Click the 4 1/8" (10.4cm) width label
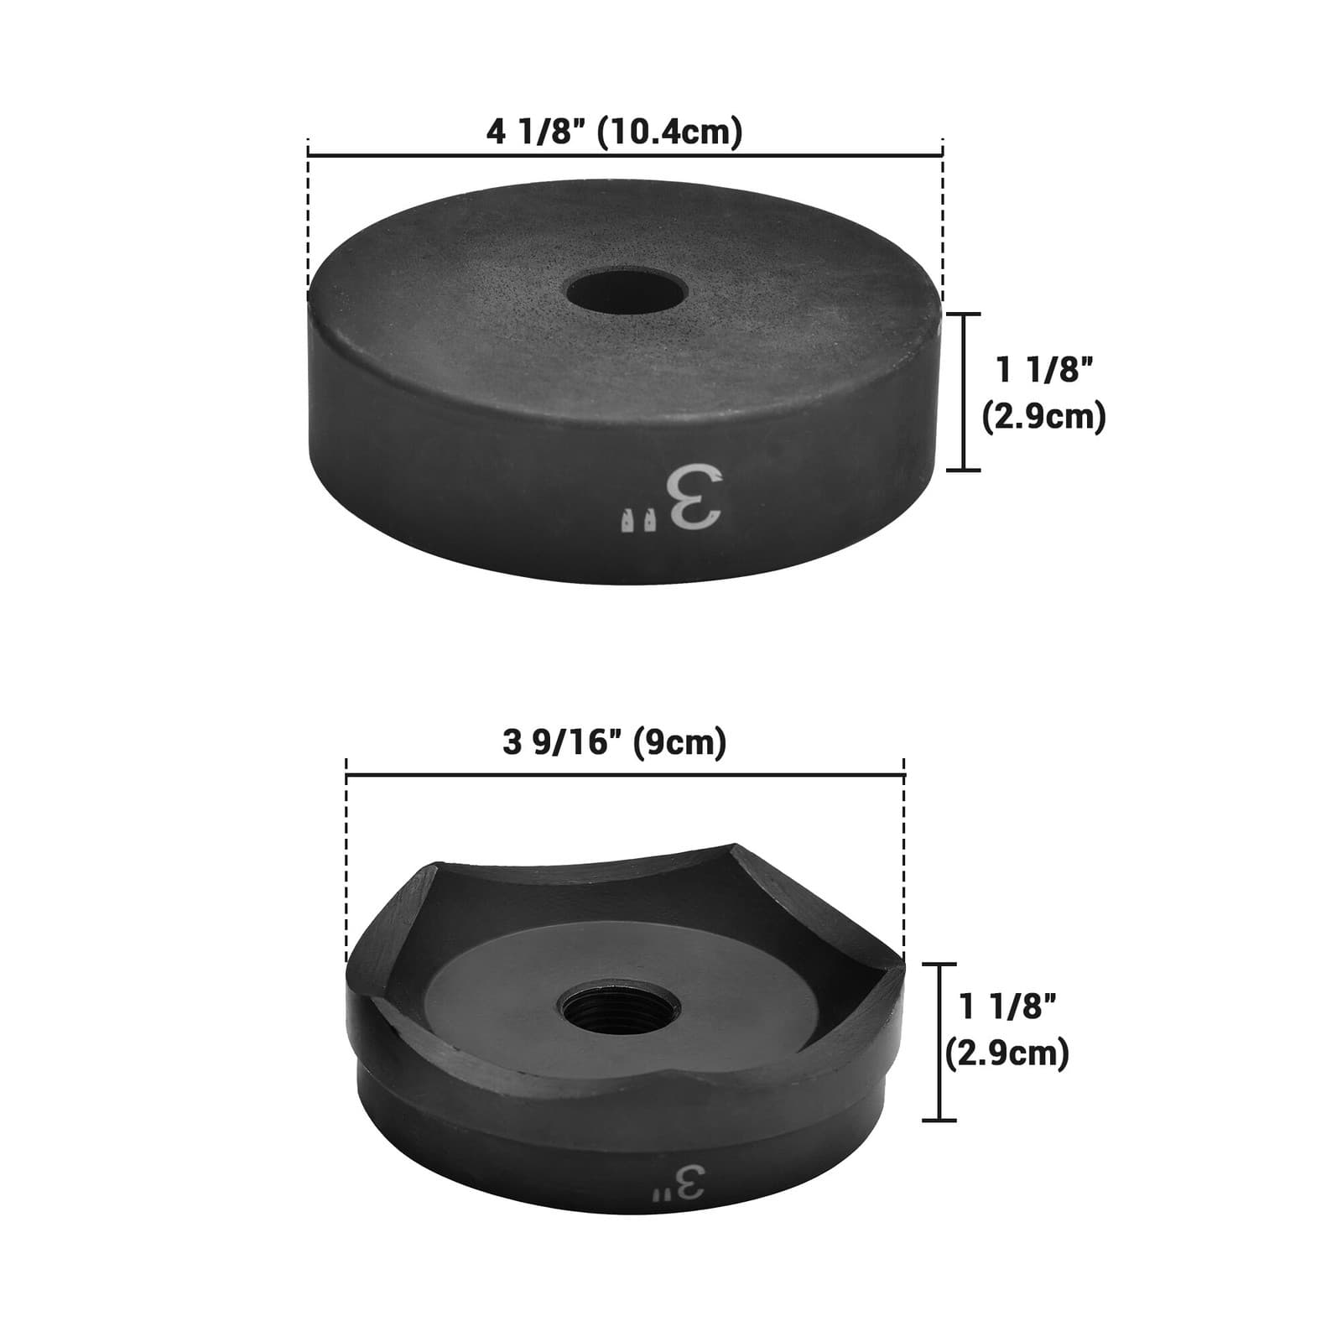pyautogui.click(x=614, y=133)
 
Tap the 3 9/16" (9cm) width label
pyautogui.click(x=614, y=742)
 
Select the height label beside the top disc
pyautogui.click(x=1044, y=393)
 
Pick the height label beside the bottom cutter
pyautogui.click(x=1007, y=1029)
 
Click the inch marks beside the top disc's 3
pyautogui.click(x=637, y=520)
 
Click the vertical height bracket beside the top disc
pyautogui.click(x=965, y=392)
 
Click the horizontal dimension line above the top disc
pyautogui.click(x=626, y=154)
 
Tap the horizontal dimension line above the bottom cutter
pyautogui.click(x=625, y=776)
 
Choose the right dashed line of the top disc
pyautogui.click(x=944, y=222)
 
